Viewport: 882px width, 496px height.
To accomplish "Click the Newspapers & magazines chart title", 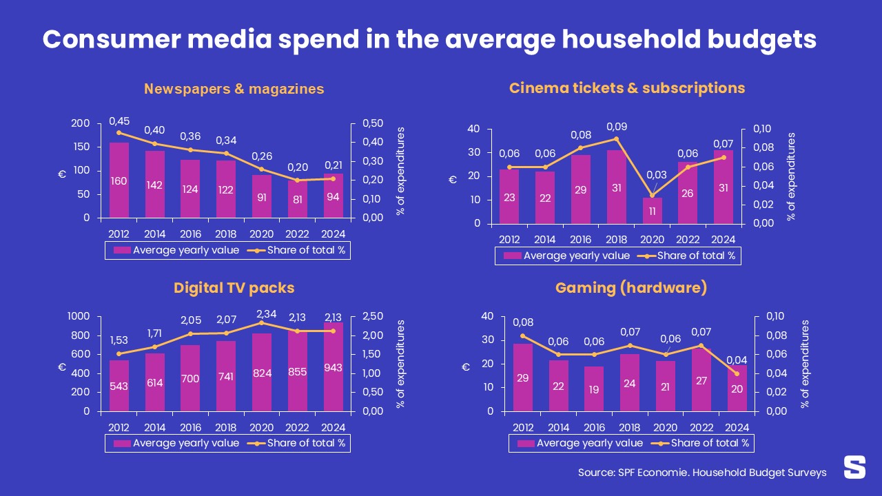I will [234, 89].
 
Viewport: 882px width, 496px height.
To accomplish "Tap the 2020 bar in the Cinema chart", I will [652, 211].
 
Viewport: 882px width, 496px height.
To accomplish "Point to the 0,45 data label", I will [119, 121].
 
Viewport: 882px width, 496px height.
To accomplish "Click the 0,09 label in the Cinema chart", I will [616, 127].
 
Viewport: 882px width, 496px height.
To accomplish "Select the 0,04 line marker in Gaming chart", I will [737, 374].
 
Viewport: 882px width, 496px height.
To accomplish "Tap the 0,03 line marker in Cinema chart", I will [652, 195].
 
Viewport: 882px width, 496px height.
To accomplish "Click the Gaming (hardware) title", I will [631, 288].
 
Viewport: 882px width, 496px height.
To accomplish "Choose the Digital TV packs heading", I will [234, 288].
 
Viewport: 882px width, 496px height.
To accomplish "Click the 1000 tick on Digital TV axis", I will [78, 316].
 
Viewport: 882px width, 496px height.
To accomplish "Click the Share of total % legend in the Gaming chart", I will [710, 443].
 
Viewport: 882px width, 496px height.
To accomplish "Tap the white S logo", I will [854, 467].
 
